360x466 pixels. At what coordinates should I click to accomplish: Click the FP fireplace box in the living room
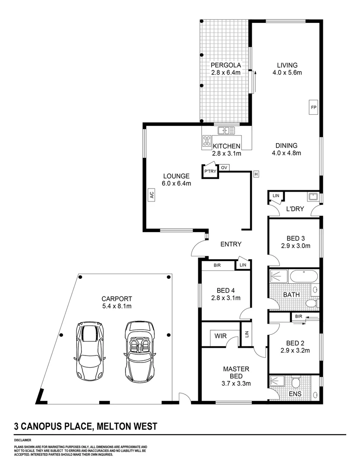[x=313, y=106]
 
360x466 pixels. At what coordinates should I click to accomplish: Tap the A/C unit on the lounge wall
[x=151, y=195]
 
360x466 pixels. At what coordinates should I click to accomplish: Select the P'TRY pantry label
[x=210, y=172]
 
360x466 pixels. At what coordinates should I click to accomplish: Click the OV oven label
[x=224, y=167]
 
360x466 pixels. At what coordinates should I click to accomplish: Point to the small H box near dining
[x=256, y=174]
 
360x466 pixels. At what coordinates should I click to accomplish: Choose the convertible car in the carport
[x=140, y=352]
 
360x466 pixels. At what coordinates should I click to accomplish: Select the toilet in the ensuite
[x=296, y=383]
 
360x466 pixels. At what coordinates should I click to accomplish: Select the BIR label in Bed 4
[x=217, y=265]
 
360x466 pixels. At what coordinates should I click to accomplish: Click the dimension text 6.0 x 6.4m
[x=176, y=183]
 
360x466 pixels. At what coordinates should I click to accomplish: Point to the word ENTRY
[x=231, y=244]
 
